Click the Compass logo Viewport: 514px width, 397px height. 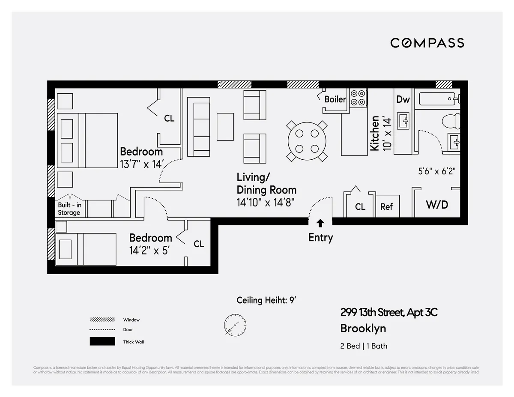427,43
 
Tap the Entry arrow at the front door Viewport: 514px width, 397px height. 320,223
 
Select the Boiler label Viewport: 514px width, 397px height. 335,99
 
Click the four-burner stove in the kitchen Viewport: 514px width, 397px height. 359,97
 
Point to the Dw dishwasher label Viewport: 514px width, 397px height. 403,99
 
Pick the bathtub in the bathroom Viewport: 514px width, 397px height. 439,99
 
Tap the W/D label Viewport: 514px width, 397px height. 437,205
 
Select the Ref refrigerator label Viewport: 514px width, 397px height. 386,206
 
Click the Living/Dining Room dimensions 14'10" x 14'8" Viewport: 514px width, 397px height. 266,202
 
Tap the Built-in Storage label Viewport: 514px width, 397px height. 69,209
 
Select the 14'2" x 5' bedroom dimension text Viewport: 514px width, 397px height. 150,250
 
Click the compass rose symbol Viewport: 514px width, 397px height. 235,324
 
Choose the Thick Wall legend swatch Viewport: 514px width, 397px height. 102,341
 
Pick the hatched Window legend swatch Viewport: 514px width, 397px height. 102,319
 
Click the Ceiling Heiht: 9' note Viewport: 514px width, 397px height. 266,300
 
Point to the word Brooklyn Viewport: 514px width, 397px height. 363,328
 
